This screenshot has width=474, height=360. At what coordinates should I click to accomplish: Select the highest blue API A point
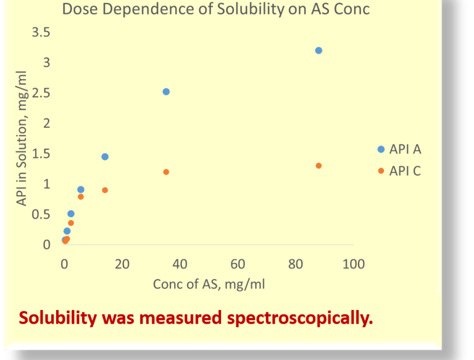coord(318,50)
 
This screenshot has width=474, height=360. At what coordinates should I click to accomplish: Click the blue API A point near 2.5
coord(166,91)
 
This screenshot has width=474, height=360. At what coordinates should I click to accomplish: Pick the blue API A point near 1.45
coord(105,157)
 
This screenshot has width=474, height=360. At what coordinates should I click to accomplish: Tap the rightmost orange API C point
coord(318,165)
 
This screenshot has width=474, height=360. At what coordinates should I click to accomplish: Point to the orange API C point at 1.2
coord(166,172)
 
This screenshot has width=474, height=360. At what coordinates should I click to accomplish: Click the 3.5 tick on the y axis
coord(41,32)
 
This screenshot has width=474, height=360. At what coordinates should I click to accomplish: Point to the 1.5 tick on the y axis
coord(41,153)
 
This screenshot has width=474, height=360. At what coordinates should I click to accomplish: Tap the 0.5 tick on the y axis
coord(41,214)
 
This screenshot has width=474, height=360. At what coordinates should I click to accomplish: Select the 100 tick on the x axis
coord(354,264)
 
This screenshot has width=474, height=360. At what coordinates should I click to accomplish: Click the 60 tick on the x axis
coord(238,264)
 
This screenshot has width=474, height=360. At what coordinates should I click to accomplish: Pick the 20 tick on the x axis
coord(122,264)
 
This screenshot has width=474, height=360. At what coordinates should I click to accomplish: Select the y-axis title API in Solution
coord(23,139)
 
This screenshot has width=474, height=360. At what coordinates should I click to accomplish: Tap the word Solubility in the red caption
coord(58,319)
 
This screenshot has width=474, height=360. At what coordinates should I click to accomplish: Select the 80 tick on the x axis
coord(296,264)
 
